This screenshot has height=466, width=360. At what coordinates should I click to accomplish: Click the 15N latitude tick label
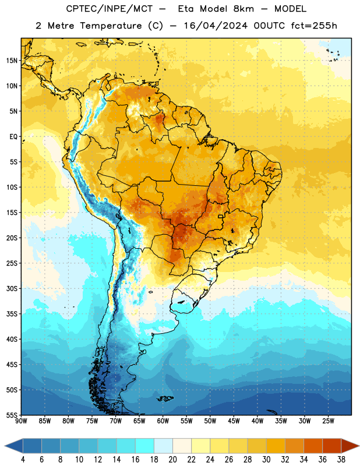point(12,61)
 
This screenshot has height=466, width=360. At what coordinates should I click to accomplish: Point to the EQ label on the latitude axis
point(13,137)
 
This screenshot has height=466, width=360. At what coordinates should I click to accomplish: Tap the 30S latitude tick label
point(12,288)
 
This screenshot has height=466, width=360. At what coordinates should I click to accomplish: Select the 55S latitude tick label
point(12,415)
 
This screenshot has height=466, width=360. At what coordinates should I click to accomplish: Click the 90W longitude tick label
point(21,421)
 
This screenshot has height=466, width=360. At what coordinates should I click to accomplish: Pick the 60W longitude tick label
point(163,421)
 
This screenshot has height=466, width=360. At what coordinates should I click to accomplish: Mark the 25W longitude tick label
point(328,421)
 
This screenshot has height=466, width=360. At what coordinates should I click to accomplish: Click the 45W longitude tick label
point(234,421)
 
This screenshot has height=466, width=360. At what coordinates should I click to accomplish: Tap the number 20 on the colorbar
point(172,460)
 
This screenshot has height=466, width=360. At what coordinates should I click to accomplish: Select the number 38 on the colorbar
point(341,460)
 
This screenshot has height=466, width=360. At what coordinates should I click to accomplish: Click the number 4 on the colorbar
point(23,460)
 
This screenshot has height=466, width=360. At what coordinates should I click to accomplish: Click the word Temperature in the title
point(111,26)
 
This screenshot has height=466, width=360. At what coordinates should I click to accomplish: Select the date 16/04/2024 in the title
point(216,26)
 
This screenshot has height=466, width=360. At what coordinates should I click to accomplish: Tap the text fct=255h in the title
point(314,26)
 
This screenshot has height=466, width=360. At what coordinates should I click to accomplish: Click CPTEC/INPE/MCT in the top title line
point(109,9)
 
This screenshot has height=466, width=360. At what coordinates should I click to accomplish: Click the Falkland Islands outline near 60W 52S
point(165,398)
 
